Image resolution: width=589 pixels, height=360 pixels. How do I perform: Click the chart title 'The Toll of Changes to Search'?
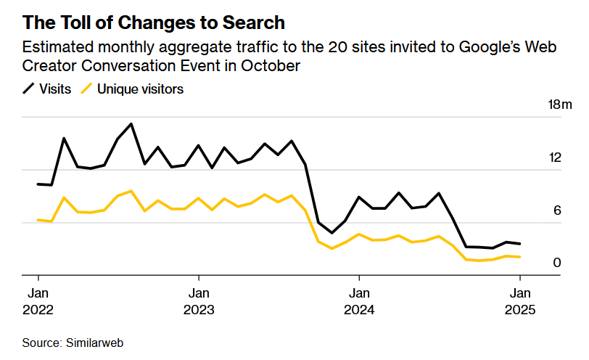click(x=153, y=22)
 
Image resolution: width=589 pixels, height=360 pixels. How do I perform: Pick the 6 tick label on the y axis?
click(x=557, y=210)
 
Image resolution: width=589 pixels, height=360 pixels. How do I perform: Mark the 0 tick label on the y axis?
click(x=557, y=263)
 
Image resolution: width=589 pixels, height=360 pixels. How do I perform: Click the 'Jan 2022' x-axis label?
click(x=38, y=301)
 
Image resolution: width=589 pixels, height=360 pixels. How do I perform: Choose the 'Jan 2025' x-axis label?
click(x=519, y=301)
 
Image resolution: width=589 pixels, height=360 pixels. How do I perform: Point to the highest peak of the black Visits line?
click(x=131, y=124)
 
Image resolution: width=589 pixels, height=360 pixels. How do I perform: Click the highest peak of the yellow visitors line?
click(x=131, y=191)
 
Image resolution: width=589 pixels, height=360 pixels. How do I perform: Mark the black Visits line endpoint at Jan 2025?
click(x=519, y=244)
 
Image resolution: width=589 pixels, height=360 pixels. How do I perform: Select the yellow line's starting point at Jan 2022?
click(x=38, y=219)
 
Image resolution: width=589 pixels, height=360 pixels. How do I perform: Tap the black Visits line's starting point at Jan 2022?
click(x=38, y=184)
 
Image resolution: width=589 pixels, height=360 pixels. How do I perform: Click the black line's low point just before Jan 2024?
click(x=331, y=233)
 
